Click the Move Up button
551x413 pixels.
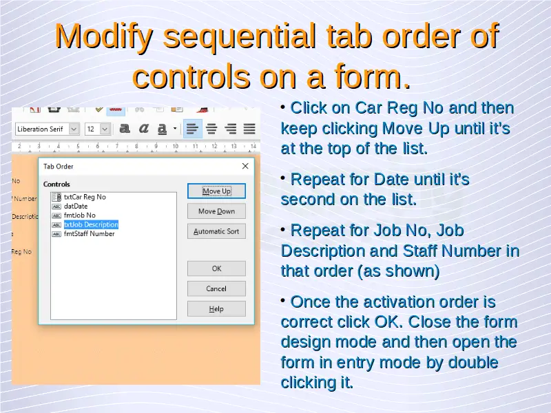[x=216, y=191]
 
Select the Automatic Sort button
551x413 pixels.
[x=216, y=231]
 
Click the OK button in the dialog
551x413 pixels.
[x=216, y=268]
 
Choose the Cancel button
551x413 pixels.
[x=216, y=288]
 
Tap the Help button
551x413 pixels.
[x=216, y=309]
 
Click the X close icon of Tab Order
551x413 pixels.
[x=245, y=166]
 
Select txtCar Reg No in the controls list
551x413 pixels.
[x=85, y=197]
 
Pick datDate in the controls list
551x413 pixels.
[x=76, y=206]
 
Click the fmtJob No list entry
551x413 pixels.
[x=79, y=215]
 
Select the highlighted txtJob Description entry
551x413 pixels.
[x=91, y=225]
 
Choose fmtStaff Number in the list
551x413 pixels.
[x=90, y=234]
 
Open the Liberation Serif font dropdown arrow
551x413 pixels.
[x=74, y=129]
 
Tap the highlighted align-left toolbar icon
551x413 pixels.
[x=193, y=129]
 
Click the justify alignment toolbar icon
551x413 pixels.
[x=249, y=129]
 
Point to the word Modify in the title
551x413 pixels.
[x=104, y=36]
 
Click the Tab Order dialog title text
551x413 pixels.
[x=59, y=167]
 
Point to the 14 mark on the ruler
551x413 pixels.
[x=253, y=146]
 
